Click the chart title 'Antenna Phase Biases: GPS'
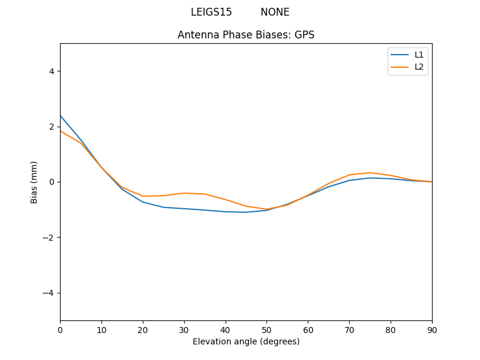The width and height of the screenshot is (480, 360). click(x=246, y=35)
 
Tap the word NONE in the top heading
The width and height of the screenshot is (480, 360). click(x=275, y=12)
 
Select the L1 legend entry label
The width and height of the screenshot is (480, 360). click(x=419, y=55)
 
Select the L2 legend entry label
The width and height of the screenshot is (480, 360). click(x=419, y=67)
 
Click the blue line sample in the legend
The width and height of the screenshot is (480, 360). click(x=400, y=55)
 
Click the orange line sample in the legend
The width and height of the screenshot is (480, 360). click(x=400, y=67)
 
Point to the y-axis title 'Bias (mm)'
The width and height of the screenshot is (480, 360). click(x=34, y=182)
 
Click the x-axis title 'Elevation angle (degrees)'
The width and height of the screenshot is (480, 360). click(x=246, y=341)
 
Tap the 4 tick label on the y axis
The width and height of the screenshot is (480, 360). click(x=52, y=71)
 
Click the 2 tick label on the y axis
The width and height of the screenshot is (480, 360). click(x=52, y=127)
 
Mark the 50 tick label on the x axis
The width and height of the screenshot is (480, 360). click(x=266, y=329)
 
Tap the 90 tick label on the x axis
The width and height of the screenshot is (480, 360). click(x=432, y=329)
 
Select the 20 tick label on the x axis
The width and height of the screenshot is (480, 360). click(x=143, y=329)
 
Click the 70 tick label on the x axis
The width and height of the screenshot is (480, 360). click(x=349, y=329)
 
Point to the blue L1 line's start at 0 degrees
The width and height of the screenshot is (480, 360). click(x=61, y=116)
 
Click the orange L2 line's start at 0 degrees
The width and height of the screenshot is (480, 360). click(x=61, y=131)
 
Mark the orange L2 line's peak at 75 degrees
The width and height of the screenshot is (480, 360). click(x=370, y=173)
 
